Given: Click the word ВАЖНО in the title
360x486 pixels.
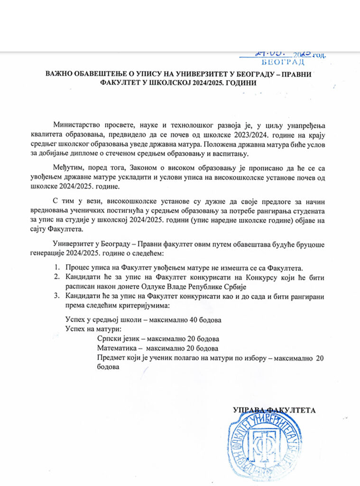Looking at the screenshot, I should pos(58,74).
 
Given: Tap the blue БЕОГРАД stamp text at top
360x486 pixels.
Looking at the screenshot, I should pos(284,62).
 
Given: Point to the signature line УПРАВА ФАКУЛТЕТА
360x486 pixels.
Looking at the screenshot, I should pos(274,410).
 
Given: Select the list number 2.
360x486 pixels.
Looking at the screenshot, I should pos(56,277).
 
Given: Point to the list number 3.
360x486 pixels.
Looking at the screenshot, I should pos(56,297).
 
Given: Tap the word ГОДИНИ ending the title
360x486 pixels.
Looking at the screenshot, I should pos(241,83).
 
